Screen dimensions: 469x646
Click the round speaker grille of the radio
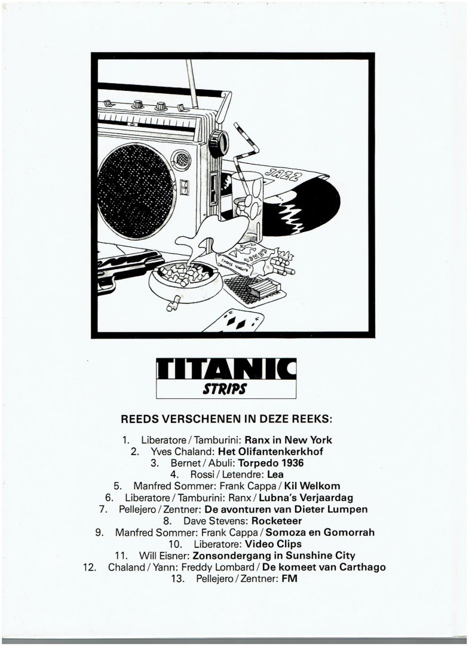point(136,191)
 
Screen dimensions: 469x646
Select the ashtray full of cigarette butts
point(185,281)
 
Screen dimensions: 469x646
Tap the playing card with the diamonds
point(233,321)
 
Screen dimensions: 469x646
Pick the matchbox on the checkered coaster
point(263,288)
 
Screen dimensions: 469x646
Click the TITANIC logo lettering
point(226,368)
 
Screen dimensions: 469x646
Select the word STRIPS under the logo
point(225,389)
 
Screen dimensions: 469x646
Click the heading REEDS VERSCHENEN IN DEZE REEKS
point(226,419)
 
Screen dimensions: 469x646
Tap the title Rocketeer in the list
point(277,521)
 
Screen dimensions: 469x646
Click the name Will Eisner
point(164,555)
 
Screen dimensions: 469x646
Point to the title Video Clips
point(273,544)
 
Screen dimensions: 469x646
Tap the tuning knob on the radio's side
point(218,143)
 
